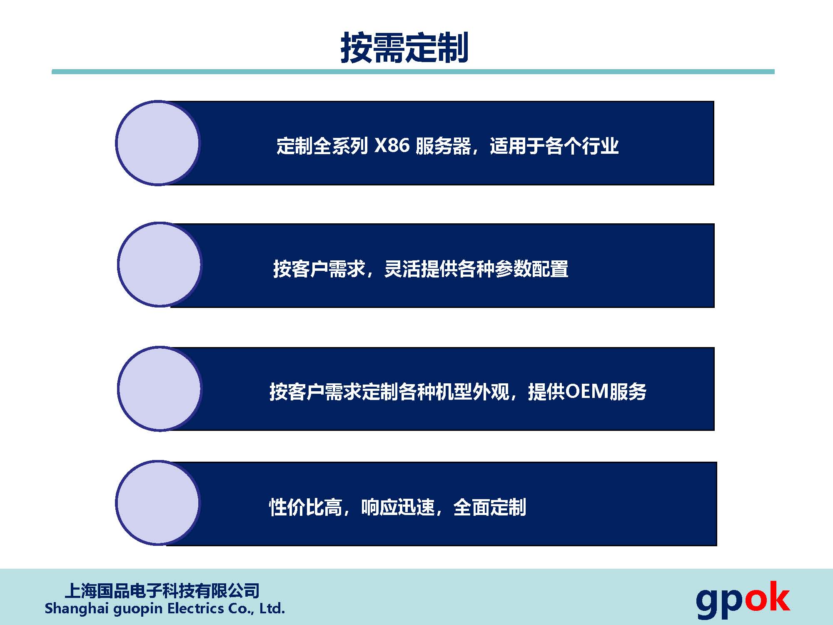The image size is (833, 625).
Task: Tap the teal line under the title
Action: [x=413, y=72]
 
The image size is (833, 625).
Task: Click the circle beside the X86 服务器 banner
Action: [x=158, y=143]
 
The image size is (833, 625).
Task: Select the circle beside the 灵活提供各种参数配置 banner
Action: [x=160, y=265]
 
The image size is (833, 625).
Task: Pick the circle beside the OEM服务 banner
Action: [x=160, y=389]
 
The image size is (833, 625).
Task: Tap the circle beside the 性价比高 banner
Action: [x=158, y=502]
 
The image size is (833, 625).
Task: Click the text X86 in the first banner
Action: [x=392, y=146]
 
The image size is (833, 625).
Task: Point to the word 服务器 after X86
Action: [x=443, y=146]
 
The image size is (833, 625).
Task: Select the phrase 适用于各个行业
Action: [x=554, y=146]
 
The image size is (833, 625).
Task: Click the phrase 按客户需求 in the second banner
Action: [x=319, y=269]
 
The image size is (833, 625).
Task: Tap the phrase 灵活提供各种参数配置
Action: [x=476, y=269]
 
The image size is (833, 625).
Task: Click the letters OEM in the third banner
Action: [x=587, y=392]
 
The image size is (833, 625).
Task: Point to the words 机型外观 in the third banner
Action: [x=473, y=392]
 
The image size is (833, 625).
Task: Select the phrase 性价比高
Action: [x=306, y=507]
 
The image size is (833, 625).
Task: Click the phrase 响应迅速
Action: [x=398, y=507]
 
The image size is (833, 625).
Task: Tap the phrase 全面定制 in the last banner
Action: [x=490, y=507]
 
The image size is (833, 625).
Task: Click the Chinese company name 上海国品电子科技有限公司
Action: [x=162, y=591]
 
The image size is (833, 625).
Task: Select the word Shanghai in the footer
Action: [x=77, y=609]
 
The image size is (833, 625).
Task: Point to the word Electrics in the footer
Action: [x=195, y=608]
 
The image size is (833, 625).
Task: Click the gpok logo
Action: [x=743, y=599]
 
